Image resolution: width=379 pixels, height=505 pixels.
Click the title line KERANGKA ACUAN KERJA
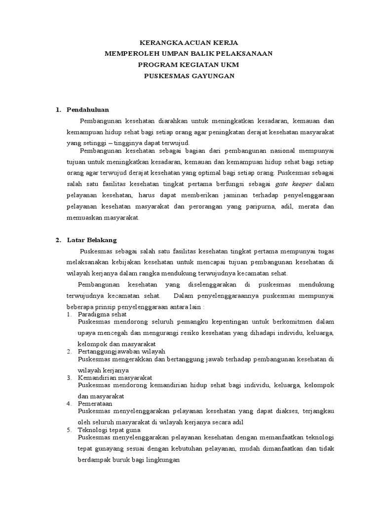pos(189,43)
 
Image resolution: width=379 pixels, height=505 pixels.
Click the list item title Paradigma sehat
pos(102,314)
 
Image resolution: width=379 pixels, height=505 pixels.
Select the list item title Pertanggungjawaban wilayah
pos(121,351)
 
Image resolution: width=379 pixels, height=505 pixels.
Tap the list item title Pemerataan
pos(95,403)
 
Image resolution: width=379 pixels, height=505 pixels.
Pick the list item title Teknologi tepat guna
pos(110,430)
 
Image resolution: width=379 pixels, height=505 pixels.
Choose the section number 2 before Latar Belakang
pos(57,240)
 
